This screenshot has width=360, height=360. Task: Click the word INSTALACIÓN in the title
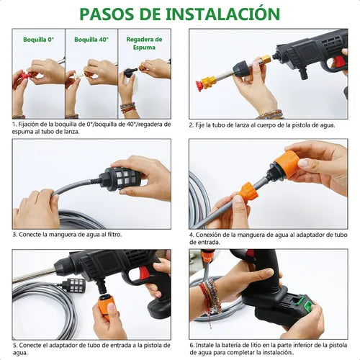coord(222,14)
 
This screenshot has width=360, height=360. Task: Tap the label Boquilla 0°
coord(38,40)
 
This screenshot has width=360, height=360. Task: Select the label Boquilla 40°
coord(91,40)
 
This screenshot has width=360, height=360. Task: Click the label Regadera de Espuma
coord(144,43)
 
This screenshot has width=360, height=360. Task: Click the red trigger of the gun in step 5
coord(145,273)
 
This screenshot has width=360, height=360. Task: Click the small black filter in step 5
coord(73,285)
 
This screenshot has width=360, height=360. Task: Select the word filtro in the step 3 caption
coord(114,235)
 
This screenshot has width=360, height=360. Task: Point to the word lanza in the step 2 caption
coord(242,125)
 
